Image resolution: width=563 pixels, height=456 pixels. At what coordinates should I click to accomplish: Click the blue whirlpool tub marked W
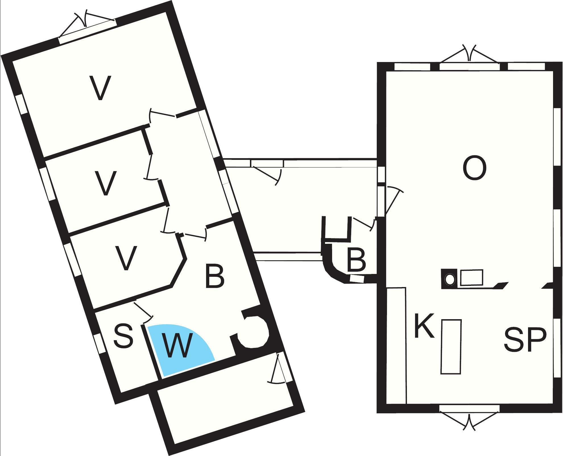[x=179, y=350]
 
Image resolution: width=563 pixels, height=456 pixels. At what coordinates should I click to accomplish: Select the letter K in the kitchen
[x=424, y=326]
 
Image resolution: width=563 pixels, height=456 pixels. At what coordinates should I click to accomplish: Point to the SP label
[x=525, y=340]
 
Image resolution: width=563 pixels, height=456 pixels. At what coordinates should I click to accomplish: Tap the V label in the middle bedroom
[x=105, y=183]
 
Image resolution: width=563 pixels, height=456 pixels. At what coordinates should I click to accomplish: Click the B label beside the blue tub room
[x=215, y=276]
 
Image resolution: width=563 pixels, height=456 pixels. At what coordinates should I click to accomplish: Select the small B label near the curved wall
[x=356, y=260]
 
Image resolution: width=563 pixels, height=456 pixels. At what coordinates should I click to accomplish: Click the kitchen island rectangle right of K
[x=451, y=347]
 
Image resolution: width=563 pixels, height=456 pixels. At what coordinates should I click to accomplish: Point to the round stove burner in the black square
[x=450, y=279]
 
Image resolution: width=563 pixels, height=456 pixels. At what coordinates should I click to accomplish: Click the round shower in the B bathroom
[x=253, y=332]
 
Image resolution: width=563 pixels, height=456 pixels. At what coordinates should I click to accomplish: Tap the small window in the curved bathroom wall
[x=357, y=279]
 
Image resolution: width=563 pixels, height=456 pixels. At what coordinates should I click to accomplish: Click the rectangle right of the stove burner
[x=471, y=277]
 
